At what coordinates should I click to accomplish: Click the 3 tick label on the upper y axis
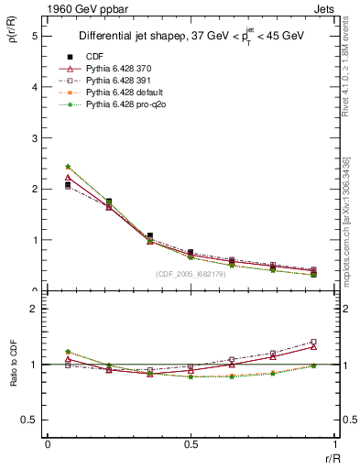coord(34,137)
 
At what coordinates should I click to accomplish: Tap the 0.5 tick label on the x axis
coord(191,443)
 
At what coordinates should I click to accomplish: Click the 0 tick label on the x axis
coord(48,443)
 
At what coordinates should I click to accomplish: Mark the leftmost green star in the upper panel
coord(68,167)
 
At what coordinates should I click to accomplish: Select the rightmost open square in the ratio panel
coord(313,342)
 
